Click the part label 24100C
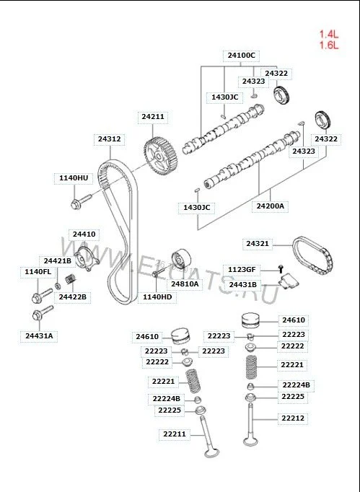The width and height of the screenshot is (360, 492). point(242,56)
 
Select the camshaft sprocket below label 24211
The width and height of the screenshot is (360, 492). point(160,155)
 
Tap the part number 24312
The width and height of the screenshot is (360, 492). point(109,139)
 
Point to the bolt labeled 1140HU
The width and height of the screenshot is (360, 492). point(81,202)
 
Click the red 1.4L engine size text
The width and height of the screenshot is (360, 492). point(329,34)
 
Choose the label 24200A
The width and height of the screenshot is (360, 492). point(271,206)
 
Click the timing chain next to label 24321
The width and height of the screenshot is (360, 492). point(312,256)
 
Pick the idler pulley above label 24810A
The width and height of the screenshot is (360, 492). point(181,259)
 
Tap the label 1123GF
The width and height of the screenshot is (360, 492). point(242,270)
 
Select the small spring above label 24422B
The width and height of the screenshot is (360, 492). point(71,278)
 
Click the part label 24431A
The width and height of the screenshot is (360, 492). point(39,335)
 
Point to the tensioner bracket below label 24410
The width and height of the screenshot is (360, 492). point(87,259)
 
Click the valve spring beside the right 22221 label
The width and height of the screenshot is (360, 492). point(254,366)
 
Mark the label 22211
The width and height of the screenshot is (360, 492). point(175,434)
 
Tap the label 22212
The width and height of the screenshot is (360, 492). point(293,418)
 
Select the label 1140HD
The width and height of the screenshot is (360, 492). point(157,296)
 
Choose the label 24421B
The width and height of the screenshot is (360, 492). point(58,261)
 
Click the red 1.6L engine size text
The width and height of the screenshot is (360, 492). point(329,45)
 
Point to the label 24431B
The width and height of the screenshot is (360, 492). point(243,285)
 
